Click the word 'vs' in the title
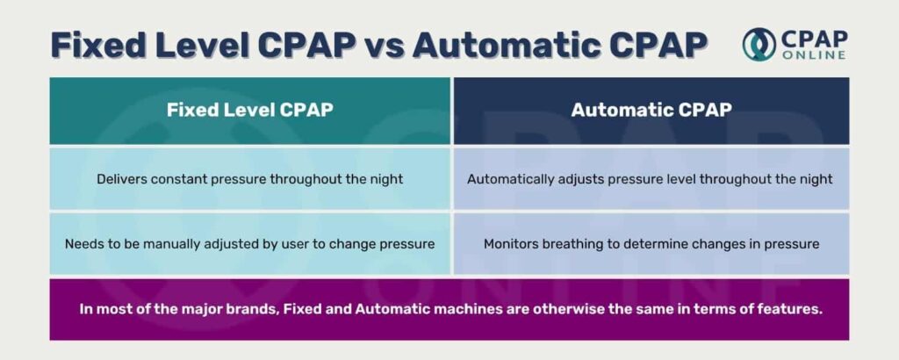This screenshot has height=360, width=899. click(x=384, y=45)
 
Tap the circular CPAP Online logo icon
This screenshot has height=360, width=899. click(x=759, y=44)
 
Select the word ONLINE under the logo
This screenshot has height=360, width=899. click(x=813, y=55)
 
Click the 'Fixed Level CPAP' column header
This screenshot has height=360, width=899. click(x=250, y=110)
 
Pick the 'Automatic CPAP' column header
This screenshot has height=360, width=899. click(x=651, y=110)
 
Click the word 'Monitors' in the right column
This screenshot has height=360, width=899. click(x=508, y=244)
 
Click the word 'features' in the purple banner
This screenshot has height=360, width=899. click(x=795, y=309)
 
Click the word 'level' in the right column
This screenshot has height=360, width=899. click(x=680, y=179)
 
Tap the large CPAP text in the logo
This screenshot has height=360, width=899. click(x=814, y=39)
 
